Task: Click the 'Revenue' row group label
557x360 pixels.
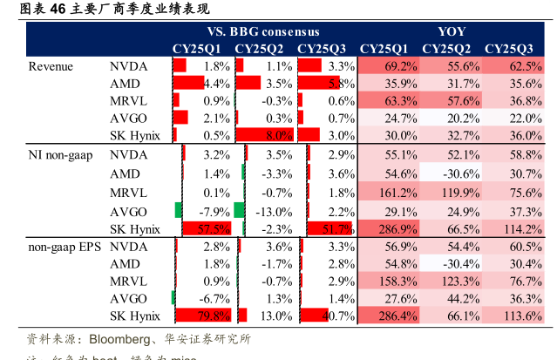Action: pos(50,66)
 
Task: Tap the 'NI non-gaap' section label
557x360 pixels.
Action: pos(59,154)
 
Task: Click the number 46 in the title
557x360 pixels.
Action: pos(58,10)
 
